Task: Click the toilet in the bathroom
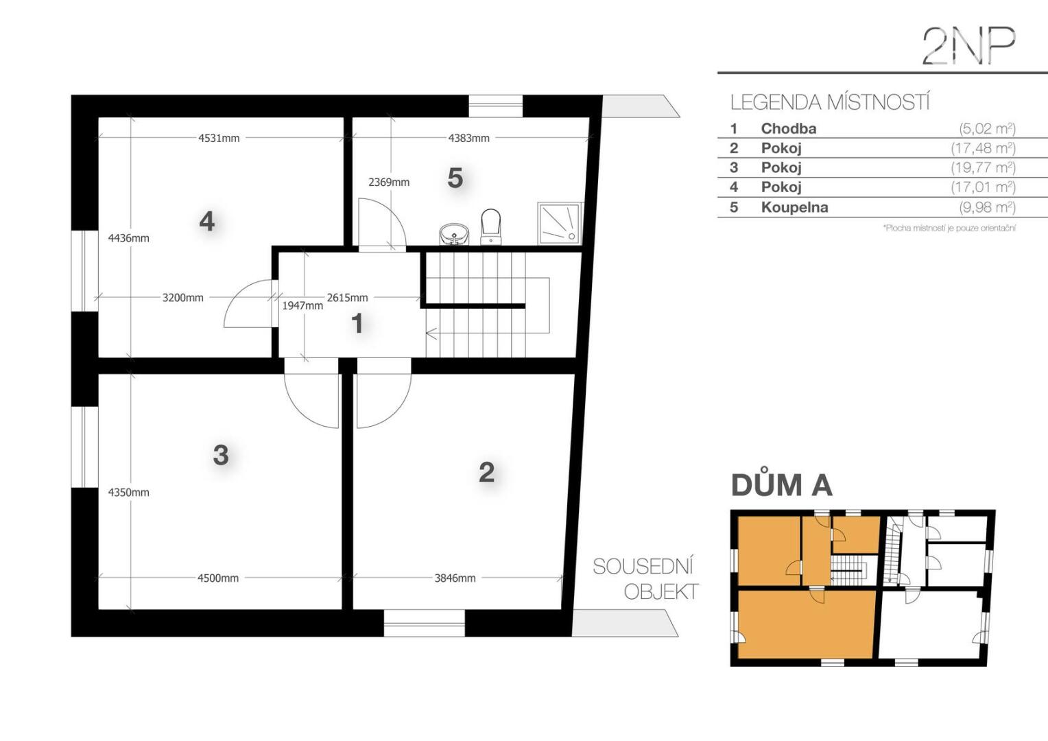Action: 491,226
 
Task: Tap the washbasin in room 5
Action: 454,234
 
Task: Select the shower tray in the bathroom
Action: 560,223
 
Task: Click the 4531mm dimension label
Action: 219,138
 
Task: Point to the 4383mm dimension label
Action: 469,138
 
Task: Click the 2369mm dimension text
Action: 389,182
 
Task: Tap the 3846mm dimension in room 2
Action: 455,578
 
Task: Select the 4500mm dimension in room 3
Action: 218,578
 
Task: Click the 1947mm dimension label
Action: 302,306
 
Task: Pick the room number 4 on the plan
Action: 207,221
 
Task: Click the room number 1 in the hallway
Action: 357,323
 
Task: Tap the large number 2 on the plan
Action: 486,472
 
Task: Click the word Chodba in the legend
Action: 788,128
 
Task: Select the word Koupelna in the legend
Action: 794,207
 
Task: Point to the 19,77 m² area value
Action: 983,167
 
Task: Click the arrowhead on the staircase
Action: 431,333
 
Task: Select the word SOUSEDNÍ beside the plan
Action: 643,567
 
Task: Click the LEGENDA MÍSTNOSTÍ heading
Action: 829,102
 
